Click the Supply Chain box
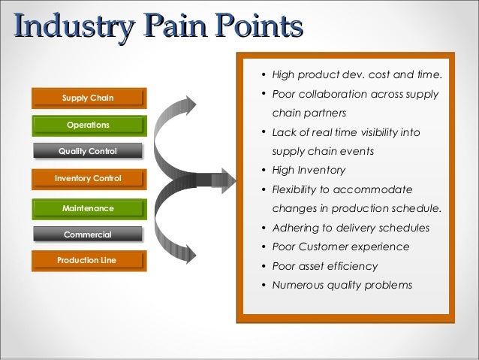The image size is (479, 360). pos(88,97)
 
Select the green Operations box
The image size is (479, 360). pos(88,124)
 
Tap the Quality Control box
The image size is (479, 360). pos(88,151)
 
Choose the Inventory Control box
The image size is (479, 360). pos(88,178)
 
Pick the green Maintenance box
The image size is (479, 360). pos(88,207)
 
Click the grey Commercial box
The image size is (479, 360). pos(88,234)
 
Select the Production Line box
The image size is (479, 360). pos(88,261)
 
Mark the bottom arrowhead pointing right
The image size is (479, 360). pos(191,256)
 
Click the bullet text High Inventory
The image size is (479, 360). pos(309,170)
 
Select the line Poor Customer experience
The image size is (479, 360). pos(340,247)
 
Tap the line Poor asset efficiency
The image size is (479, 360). pos(324,266)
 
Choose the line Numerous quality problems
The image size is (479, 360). pos(342,286)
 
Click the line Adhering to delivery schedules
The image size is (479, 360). pos(351,228)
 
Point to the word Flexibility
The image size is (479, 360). pos(296,189)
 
